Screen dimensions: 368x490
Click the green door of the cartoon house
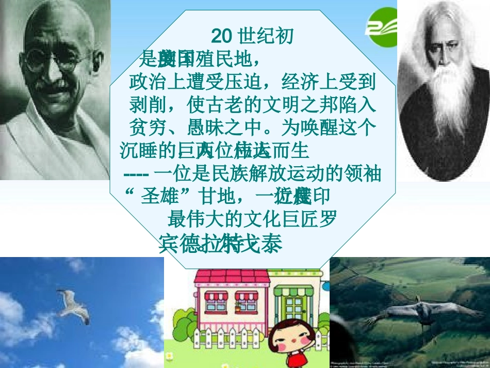[x=296, y=310]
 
